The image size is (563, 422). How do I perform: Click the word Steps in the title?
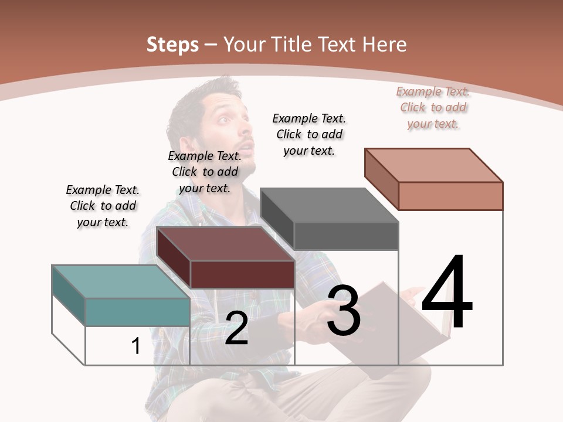click(x=172, y=45)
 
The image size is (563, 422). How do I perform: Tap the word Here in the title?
click(x=385, y=45)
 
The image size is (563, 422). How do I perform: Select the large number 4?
click(x=447, y=293)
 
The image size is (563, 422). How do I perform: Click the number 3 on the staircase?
click(x=344, y=311)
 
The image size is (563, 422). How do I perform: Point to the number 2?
click(x=236, y=328)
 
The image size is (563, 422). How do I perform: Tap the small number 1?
click(x=136, y=346)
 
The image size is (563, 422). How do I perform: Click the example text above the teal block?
click(x=103, y=206)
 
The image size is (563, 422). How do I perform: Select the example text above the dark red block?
click(x=205, y=172)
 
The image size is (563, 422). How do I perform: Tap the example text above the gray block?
click(x=309, y=134)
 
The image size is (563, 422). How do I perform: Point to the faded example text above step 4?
click(x=433, y=107)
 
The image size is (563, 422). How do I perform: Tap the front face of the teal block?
click(x=137, y=312)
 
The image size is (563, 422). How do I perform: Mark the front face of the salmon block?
click(x=450, y=196)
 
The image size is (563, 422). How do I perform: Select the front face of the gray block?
click(x=346, y=236)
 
